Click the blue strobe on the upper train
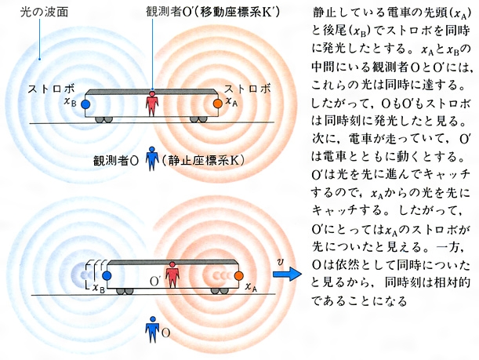(85, 104)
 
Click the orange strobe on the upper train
(218, 104)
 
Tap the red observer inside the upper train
(152, 104)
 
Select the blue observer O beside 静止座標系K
(152, 158)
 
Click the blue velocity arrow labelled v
(287, 273)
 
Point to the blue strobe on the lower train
(107, 275)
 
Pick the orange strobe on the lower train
(239, 275)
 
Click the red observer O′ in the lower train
(172, 275)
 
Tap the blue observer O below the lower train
(152, 329)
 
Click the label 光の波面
(44, 13)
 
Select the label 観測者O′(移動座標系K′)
(212, 12)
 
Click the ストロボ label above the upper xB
(51, 89)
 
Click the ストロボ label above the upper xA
(247, 89)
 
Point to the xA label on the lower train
(251, 287)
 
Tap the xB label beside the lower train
(98, 288)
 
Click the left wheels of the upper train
(103, 120)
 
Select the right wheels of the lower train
(220, 291)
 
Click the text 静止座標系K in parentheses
(203, 161)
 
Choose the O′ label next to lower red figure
(156, 282)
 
